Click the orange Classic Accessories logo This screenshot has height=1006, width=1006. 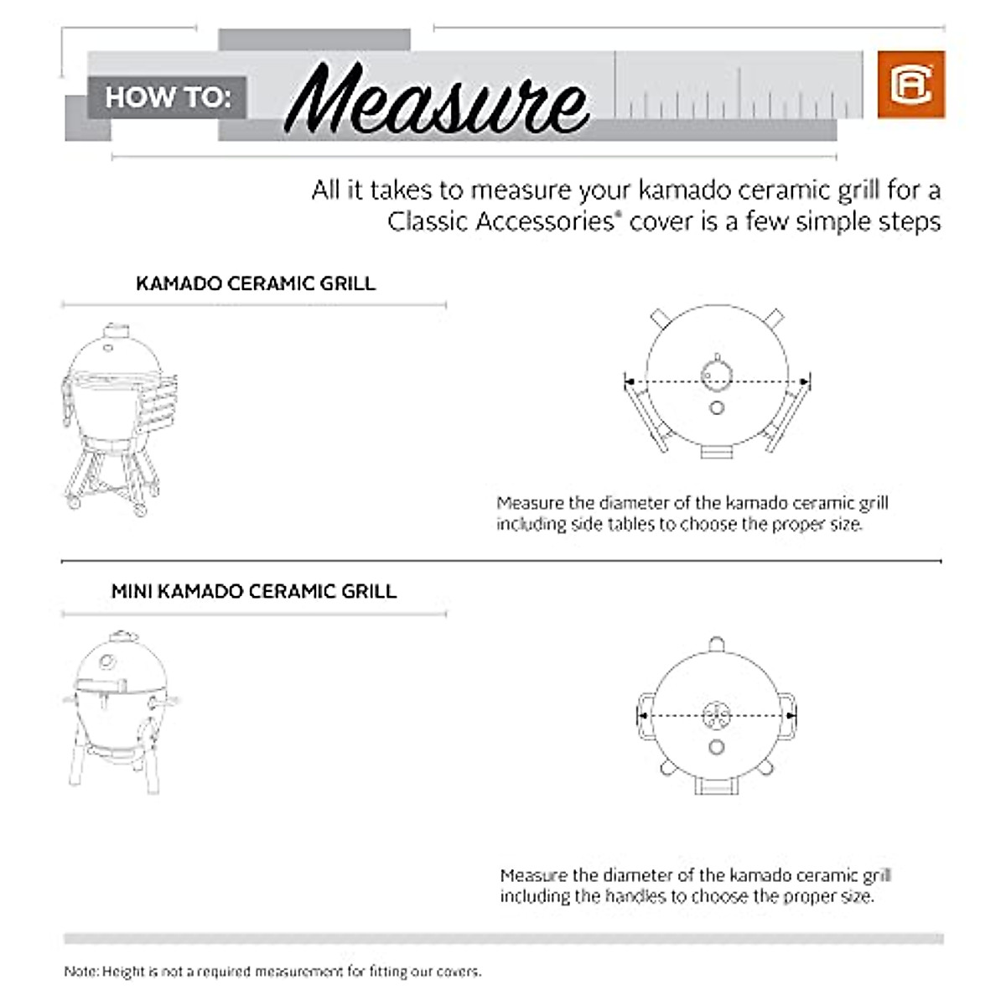pyautogui.click(x=910, y=85)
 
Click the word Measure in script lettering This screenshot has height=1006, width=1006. pyautogui.click(x=436, y=101)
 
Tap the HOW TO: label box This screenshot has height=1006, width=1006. pyautogui.click(x=167, y=97)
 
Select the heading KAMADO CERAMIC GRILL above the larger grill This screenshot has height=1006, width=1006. pyautogui.click(x=255, y=283)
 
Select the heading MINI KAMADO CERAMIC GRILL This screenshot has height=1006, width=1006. pyautogui.click(x=253, y=591)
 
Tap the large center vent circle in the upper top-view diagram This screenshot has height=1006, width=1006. pyautogui.click(x=716, y=374)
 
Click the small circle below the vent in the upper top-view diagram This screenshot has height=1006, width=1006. pyautogui.click(x=716, y=407)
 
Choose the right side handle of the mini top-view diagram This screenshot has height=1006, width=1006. pyautogui.click(x=788, y=717)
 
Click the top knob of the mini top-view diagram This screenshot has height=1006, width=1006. pyautogui.click(x=716, y=644)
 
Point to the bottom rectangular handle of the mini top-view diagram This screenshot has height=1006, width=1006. pyautogui.click(x=716, y=786)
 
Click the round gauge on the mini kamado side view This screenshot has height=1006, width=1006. pyautogui.click(x=107, y=663)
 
